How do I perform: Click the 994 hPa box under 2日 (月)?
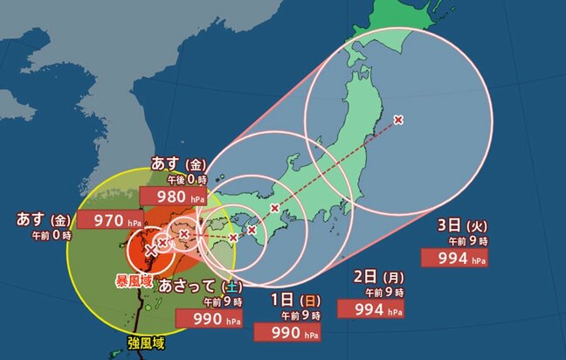[x=379, y=308]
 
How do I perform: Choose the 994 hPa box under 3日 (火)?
[x=454, y=258]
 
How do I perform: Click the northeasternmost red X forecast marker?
[x=398, y=119]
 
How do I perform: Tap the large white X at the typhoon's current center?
[x=151, y=250]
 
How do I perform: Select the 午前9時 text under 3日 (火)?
[x=466, y=241]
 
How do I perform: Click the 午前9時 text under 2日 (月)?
[x=384, y=293]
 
